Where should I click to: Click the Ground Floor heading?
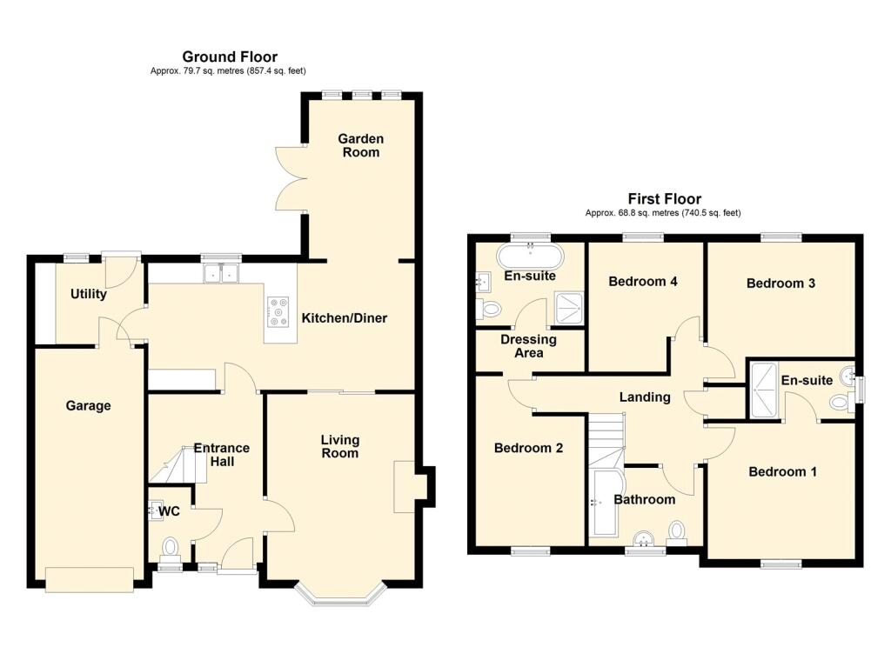pyautogui.click(x=230, y=57)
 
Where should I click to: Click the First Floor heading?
pyautogui.click(x=664, y=199)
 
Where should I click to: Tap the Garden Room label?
pyautogui.click(x=361, y=145)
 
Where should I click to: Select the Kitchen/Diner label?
pyautogui.click(x=345, y=318)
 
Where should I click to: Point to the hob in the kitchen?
pyautogui.click(x=278, y=312)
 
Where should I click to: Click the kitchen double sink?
pyautogui.click(x=221, y=273)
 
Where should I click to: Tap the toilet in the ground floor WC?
pyautogui.click(x=170, y=550)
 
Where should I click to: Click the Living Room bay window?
pyautogui.click(x=340, y=594)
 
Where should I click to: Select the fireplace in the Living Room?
pyautogui.click(x=405, y=486)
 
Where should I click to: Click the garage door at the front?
pyautogui.click(x=90, y=579)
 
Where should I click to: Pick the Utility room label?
pyautogui.click(x=88, y=294)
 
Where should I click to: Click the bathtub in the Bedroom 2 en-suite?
pyautogui.click(x=530, y=257)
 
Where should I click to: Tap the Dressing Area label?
pyautogui.click(x=528, y=346)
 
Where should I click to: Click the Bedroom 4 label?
pyautogui.click(x=643, y=281)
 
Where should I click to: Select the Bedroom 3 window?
pyautogui.click(x=781, y=237)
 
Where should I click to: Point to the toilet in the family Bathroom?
pyautogui.click(x=676, y=533)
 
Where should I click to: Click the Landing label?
pyautogui.click(x=645, y=397)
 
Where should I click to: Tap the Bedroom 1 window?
pyautogui.click(x=781, y=564)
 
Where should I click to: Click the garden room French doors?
pyautogui.click(x=291, y=178)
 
